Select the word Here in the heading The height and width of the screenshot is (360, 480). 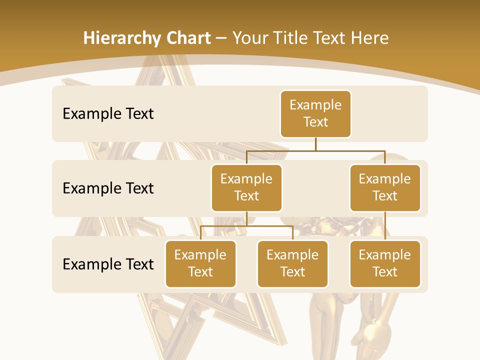pos(370,38)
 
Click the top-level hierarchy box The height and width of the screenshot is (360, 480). pos(315,114)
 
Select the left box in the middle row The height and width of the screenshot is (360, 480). pos(246,188)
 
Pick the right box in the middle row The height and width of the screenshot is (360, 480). pos(385,188)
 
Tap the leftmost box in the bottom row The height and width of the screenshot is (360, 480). pos(200,264)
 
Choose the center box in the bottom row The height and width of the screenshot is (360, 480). pos(292,264)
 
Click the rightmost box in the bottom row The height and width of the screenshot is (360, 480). pos(385,264)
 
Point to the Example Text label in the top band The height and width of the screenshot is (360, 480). pos(108,114)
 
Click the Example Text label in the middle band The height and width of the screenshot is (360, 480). pos(108,188)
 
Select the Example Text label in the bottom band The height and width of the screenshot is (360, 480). pos(108,264)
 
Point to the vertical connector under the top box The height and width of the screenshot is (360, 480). pos(315,144)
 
